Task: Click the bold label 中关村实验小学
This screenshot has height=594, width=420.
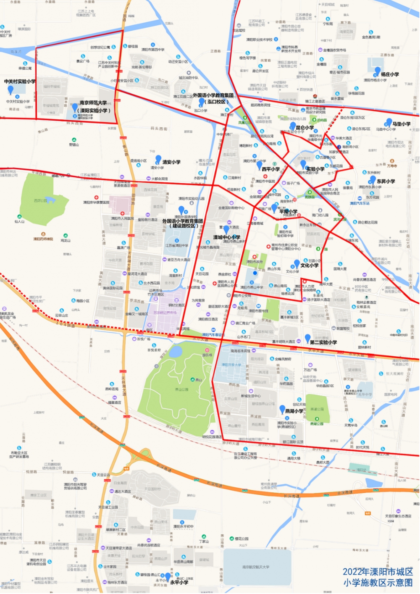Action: pos(20,81)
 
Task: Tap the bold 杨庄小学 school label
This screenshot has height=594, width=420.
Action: pos(390,74)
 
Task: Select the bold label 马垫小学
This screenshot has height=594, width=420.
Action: pos(401,124)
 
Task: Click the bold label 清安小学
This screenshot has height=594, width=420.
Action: pos(171,162)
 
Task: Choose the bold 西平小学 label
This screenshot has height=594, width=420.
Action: pos(270,169)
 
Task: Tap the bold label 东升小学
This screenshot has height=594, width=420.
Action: pos(386,181)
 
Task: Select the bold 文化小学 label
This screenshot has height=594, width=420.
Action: pos(309,265)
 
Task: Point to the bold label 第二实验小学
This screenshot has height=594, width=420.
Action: pos(323,342)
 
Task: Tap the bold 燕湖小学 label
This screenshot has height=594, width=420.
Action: pos(294,411)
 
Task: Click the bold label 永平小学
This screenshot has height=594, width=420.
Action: pos(179,582)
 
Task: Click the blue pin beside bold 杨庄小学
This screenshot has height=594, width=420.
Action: pos(377,71)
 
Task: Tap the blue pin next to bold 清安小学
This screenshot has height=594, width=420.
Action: pos(158,159)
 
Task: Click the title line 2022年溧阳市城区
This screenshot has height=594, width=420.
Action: pos(378,572)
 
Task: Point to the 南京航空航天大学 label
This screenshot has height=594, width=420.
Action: pos(256,567)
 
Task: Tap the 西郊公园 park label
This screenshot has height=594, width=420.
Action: pos(41,201)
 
